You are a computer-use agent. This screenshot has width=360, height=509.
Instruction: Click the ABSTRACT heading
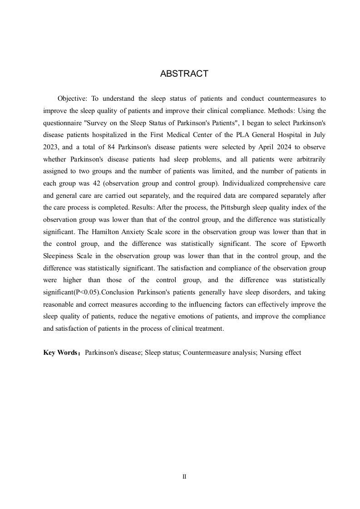click(184, 74)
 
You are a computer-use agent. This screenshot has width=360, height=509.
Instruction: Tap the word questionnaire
click(62, 123)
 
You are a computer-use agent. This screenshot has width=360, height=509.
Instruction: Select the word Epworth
click(313, 244)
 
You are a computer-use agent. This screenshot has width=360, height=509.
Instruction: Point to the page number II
click(184, 477)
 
